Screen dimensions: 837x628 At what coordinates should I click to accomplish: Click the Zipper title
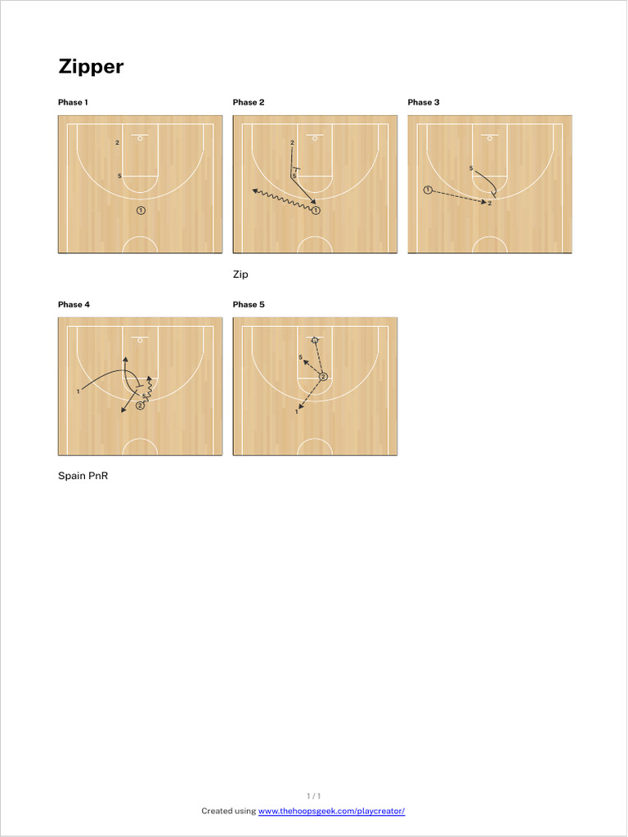click(91, 67)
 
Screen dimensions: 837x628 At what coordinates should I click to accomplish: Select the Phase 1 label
click(73, 102)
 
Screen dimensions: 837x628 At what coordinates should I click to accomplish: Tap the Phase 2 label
click(249, 102)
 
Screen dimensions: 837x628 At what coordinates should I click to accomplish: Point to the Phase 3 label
click(424, 102)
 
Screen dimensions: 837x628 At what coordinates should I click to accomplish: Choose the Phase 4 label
click(74, 304)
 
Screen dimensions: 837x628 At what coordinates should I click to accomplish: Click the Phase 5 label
click(249, 304)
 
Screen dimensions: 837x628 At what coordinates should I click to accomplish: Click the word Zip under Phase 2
click(240, 275)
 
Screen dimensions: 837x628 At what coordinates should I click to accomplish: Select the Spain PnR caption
click(83, 476)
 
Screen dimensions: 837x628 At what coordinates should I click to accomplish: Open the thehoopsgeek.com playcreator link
click(331, 811)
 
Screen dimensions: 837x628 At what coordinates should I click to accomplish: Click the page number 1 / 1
click(314, 795)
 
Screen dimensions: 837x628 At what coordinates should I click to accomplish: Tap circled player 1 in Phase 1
click(141, 210)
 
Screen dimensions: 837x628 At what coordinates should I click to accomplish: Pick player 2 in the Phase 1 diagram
click(118, 142)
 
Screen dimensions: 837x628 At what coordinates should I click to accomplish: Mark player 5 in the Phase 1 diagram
click(119, 176)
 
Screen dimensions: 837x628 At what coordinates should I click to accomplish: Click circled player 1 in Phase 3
click(428, 190)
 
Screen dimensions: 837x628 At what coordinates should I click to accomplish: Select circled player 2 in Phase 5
click(323, 377)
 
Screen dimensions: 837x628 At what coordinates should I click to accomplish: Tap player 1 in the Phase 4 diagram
click(78, 392)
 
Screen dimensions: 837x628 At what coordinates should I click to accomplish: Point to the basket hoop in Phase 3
click(490, 139)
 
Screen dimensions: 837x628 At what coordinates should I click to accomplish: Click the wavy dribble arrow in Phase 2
click(282, 200)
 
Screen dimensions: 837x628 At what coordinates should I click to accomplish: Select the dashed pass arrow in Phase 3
click(458, 196)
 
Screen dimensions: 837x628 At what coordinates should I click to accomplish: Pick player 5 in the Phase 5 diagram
click(301, 357)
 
